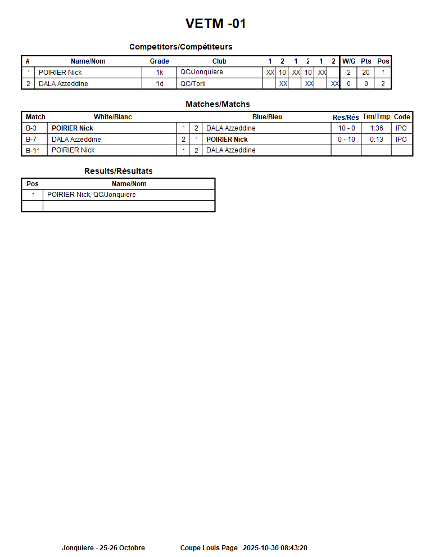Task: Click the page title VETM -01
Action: click(x=215, y=24)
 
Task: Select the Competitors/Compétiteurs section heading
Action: click(x=180, y=47)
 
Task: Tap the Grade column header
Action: click(x=159, y=61)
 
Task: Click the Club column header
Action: click(x=219, y=61)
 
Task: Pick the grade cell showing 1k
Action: click(x=160, y=73)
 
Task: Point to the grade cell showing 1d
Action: click(x=160, y=84)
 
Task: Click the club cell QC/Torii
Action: click(x=193, y=84)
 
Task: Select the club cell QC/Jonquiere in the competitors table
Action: click(x=201, y=73)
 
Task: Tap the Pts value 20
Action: click(x=366, y=73)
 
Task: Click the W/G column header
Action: click(x=348, y=61)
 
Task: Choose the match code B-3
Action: click(x=31, y=128)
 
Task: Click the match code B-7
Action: click(x=31, y=140)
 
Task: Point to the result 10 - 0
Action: click(x=346, y=128)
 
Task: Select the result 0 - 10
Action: click(x=346, y=140)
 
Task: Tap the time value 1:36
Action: click(x=377, y=128)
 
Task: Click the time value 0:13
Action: click(x=377, y=140)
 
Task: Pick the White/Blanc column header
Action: click(x=112, y=117)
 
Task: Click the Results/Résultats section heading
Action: click(x=118, y=171)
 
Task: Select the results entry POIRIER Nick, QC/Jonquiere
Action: click(x=91, y=195)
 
